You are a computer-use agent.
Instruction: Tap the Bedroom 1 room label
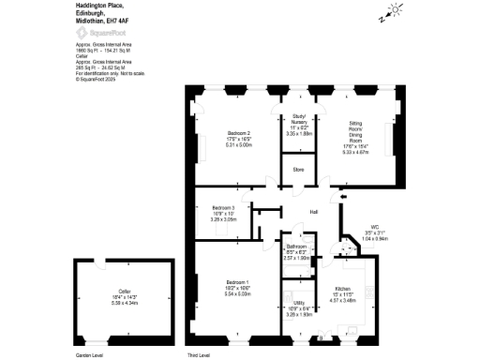click(x=236, y=282)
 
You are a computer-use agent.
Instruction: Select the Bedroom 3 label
click(x=222, y=207)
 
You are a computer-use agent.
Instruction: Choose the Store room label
click(x=298, y=170)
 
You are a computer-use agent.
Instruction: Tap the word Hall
click(x=314, y=211)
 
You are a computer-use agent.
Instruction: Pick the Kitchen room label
click(x=343, y=290)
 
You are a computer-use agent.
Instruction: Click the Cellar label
click(x=124, y=292)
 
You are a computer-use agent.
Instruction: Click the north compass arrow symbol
click(x=397, y=11)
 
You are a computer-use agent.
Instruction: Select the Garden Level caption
click(x=89, y=355)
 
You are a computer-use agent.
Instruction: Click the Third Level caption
click(x=197, y=355)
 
